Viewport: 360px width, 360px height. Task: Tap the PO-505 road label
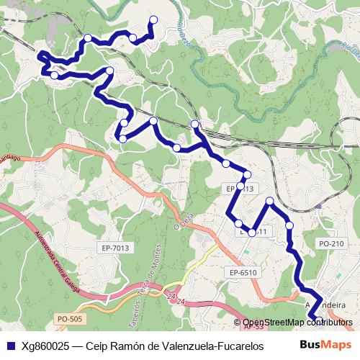click(x=69, y=318)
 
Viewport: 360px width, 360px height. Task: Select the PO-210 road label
click(x=331, y=244)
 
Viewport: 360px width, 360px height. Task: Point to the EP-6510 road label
click(x=243, y=272)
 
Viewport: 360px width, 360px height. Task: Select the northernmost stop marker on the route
click(x=153, y=20)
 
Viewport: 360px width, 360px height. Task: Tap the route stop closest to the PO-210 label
click(x=290, y=225)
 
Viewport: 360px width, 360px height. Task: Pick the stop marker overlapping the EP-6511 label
click(x=252, y=232)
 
